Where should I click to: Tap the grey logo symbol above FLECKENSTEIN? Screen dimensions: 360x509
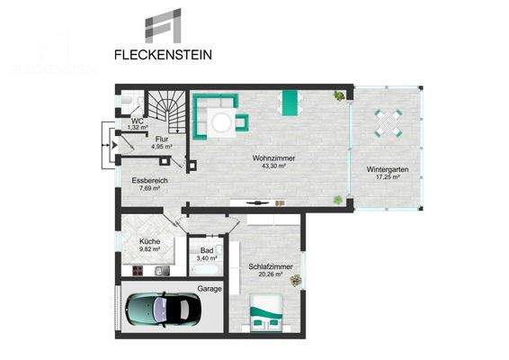(165, 26)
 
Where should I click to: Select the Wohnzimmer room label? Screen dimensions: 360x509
(274, 158)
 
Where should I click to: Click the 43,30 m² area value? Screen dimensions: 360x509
(274, 166)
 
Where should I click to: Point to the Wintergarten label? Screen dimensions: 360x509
(388, 170)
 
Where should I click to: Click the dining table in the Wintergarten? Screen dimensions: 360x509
(388, 121)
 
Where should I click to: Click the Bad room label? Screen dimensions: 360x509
(206, 251)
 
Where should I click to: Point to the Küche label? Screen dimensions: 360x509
(149, 242)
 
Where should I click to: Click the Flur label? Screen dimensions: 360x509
(162, 139)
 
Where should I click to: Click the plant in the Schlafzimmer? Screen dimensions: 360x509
(296, 281)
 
